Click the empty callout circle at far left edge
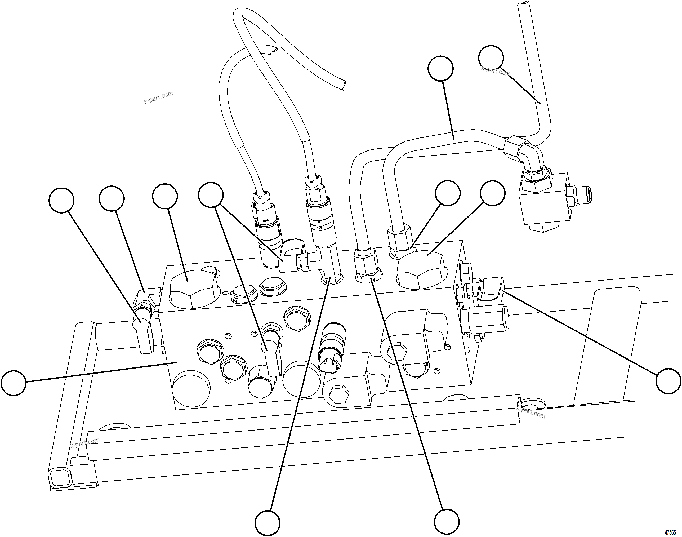[x=14, y=383]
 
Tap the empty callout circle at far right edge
[x=668, y=381]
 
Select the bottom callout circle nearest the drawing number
[x=446, y=521]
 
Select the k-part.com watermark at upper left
[x=158, y=97]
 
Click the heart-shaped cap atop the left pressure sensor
[x=262, y=197]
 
